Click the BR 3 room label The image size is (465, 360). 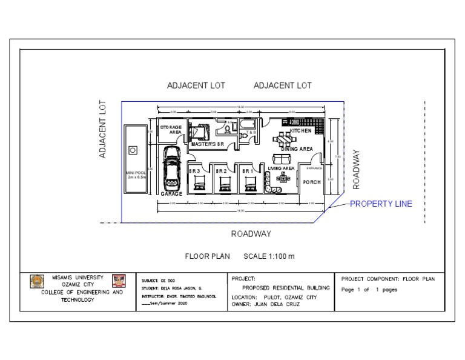coord(194,172)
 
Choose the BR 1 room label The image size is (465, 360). coord(248,172)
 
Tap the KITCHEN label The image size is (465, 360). coord(301,131)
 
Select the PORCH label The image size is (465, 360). coord(312,182)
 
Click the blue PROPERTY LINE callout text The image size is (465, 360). coord(381,204)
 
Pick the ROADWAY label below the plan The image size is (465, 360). coord(251,234)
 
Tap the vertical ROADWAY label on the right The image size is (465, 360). coord(357,169)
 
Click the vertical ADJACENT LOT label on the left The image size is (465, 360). coord(103,130)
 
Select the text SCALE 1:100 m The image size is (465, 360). coord(269,256)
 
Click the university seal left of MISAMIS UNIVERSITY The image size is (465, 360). coord(36,281)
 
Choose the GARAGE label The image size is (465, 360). coord(171,194)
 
